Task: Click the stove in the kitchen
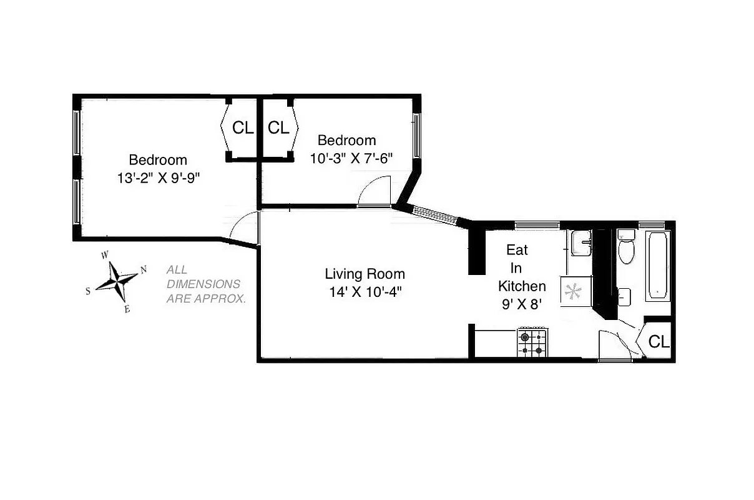(x=532, y=343)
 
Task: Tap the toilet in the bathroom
(x=625, y=249)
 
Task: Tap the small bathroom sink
(x=624, y=296)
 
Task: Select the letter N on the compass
(x=144, y=269)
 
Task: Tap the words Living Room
(x=365, y=274)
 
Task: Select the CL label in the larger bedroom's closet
(x=243, y=128)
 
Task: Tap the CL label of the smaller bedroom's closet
(x=278, y=128)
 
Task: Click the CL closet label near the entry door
(x=659, y=342)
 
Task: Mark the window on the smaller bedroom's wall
(x=416, y=134)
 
